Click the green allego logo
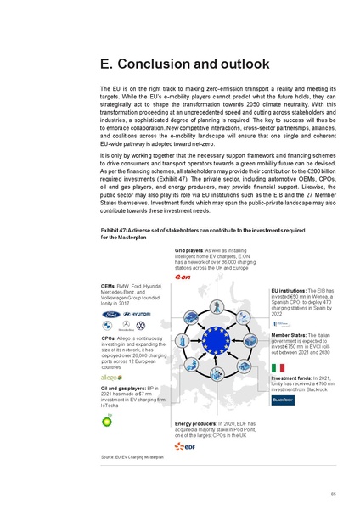pos(111,377)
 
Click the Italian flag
pos(278,367)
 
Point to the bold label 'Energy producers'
pos(195,422)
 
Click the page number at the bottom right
pos(334,493)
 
